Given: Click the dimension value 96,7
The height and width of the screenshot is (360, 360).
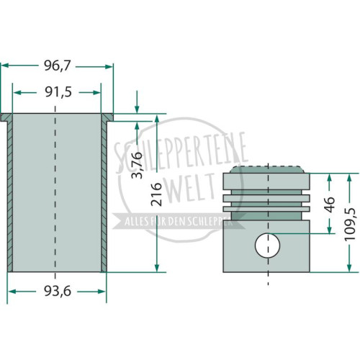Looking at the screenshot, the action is click(x=57, y=66).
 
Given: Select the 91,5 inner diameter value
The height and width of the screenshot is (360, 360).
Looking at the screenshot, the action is click(x=58, y=92).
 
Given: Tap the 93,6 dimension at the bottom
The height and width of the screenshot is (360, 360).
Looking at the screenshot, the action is click(x=58, y=291).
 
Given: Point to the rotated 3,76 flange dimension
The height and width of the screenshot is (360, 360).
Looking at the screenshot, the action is click(x=137, y=165).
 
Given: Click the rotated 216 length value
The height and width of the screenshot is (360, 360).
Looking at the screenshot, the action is click(x=156, y=194).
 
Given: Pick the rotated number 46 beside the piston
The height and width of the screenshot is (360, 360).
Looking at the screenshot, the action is click(x=330, y=204).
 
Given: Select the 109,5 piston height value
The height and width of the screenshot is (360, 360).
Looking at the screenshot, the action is click(x=349, y=225).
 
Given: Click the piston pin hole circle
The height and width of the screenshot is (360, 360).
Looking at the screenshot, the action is click(x=267, y=246).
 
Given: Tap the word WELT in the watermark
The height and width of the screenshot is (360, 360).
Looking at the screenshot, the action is click(x=189, y=188).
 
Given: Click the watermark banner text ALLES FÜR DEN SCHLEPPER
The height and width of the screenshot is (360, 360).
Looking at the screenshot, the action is click(x=179, y=221).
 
